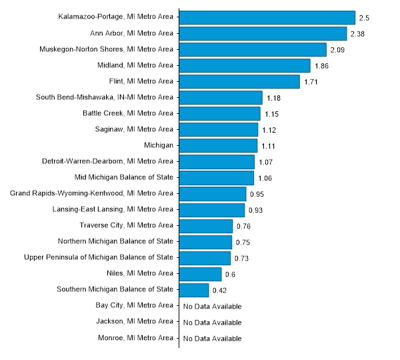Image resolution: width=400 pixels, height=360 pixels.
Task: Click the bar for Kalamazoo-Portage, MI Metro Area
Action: click(267, 17)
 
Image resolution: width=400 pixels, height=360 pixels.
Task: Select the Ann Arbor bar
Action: click(263, 33)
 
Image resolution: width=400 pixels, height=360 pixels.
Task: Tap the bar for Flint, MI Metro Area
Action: click(239, 81)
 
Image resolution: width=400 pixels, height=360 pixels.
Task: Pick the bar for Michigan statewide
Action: click(218, 145)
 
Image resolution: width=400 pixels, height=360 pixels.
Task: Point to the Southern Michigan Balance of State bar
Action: click(194, 290)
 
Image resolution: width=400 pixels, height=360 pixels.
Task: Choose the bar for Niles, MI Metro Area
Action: click(200, 274)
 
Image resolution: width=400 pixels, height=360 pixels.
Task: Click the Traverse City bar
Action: click(205, 226)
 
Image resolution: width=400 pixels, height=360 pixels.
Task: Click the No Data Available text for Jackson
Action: click(212, 323)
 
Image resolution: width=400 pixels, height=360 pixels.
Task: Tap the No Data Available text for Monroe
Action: click(212, 339)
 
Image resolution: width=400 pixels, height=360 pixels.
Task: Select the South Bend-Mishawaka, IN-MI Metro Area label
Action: click(105, 97)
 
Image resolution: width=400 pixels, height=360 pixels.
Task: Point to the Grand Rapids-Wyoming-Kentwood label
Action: click(92, 193)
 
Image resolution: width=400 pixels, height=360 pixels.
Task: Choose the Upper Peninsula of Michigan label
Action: click(99, 257)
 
